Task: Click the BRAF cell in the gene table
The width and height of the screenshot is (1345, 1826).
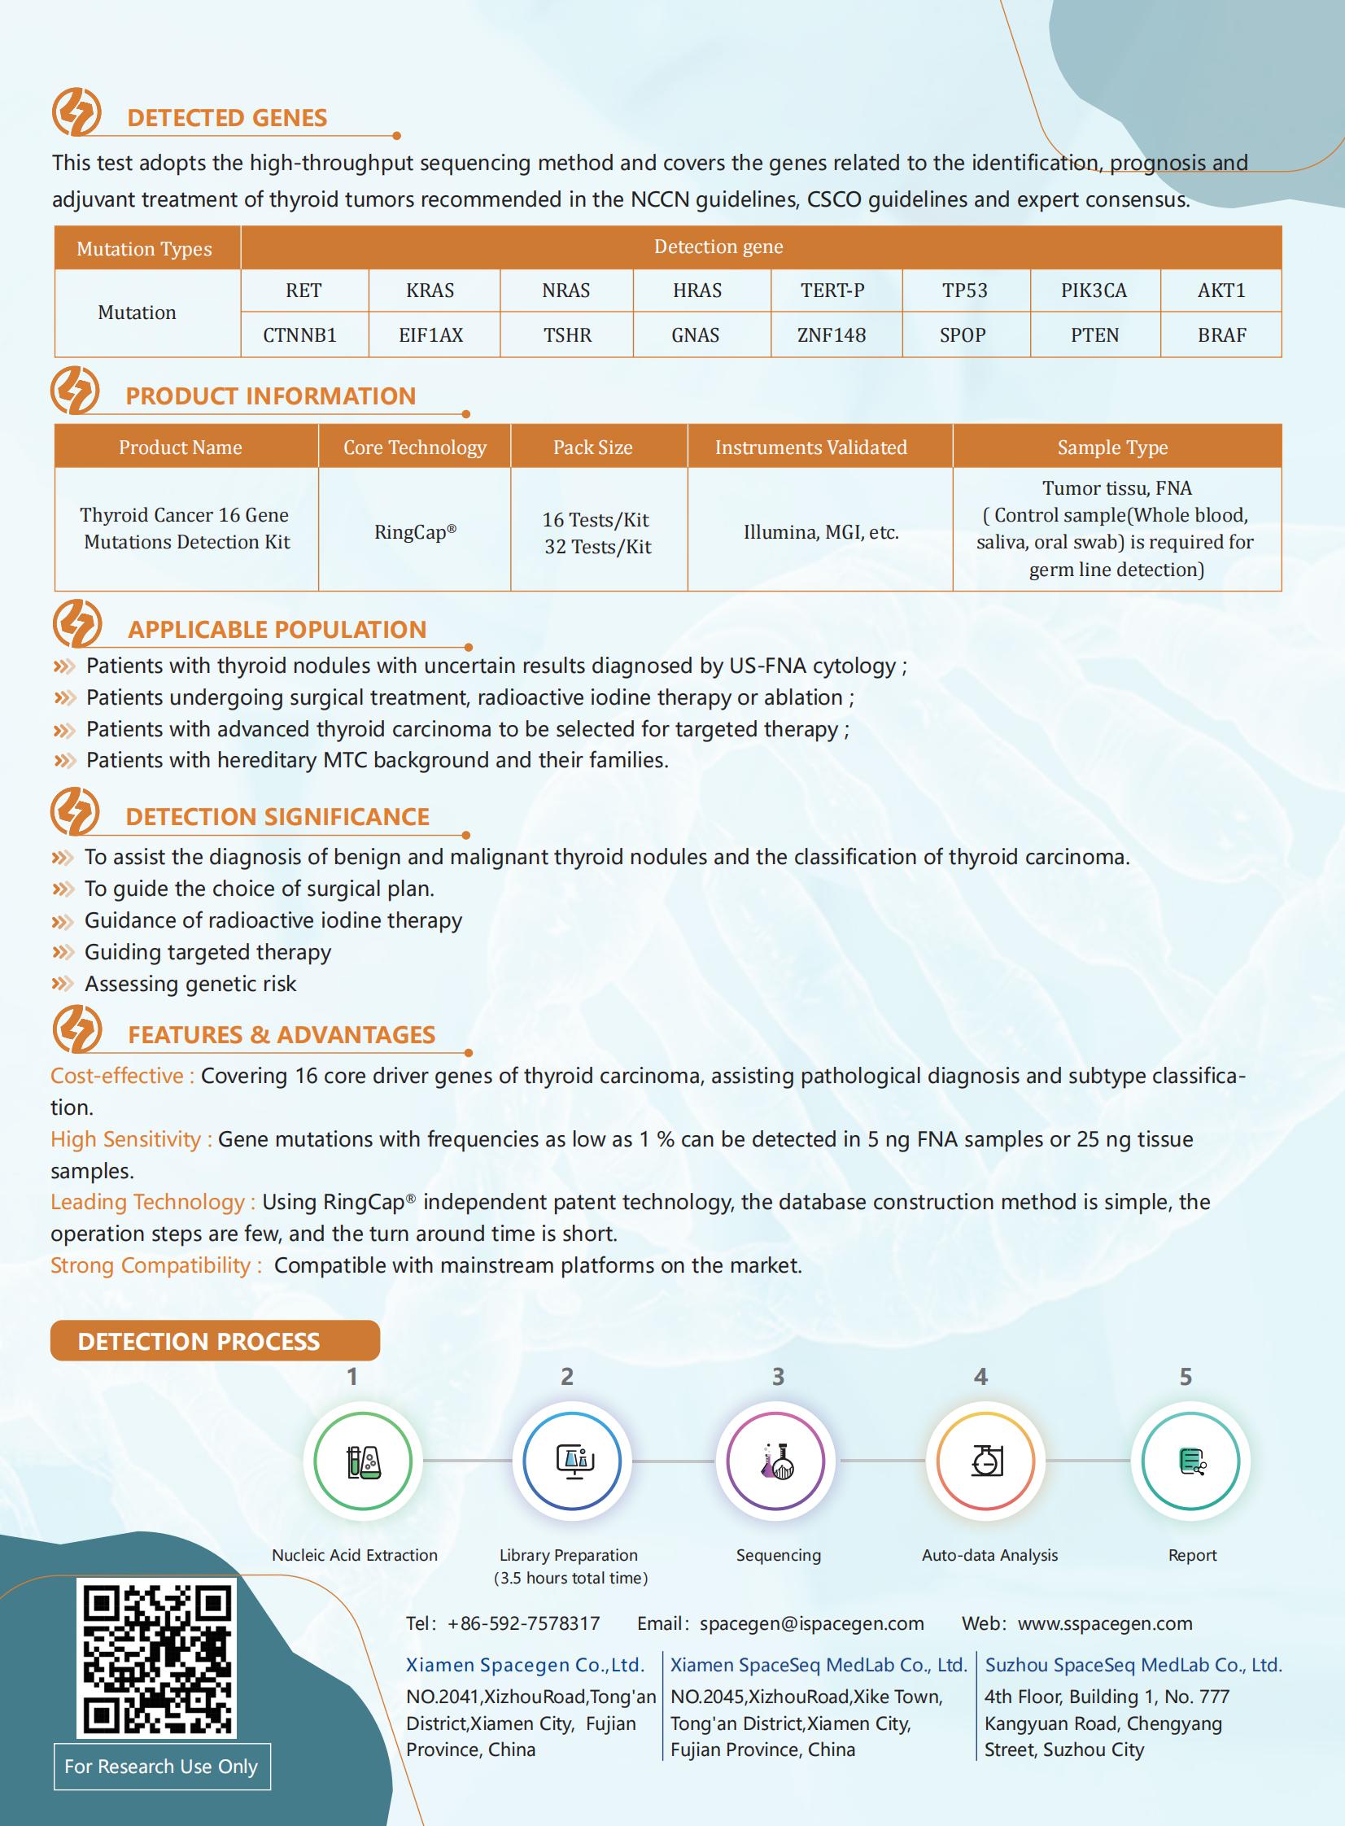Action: coord(1221,335)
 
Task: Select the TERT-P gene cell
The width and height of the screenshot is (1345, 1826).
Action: coord(832,290)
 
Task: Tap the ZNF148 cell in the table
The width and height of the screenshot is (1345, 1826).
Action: coord(832,335)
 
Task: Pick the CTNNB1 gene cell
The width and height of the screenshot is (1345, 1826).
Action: coord(299,335)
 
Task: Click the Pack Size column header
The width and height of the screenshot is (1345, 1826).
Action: coord(592,447)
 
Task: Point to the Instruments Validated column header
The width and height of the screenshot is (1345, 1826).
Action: coord(811,447)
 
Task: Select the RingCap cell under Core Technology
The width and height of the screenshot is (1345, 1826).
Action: coord(414,532)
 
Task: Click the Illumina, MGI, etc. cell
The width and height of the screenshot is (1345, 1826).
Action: coord(821,532)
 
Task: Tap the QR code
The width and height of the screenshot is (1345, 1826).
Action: coord(157,1658)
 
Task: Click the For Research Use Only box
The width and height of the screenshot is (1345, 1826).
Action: coord(161,1766)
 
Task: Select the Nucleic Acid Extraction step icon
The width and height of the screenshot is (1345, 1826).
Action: coord(363,1461)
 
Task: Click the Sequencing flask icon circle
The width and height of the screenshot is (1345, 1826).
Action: coord(776,1461)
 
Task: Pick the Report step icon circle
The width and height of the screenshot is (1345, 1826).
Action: coord(1190,1461)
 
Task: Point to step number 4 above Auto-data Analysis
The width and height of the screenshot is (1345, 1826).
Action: coord(981,1377)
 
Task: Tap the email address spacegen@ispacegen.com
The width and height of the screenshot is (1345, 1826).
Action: coord(812,1623)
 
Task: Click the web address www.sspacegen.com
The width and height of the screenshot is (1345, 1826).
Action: coord(1105,1623)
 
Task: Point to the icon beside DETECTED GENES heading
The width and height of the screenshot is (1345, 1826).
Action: coord(76,112)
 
